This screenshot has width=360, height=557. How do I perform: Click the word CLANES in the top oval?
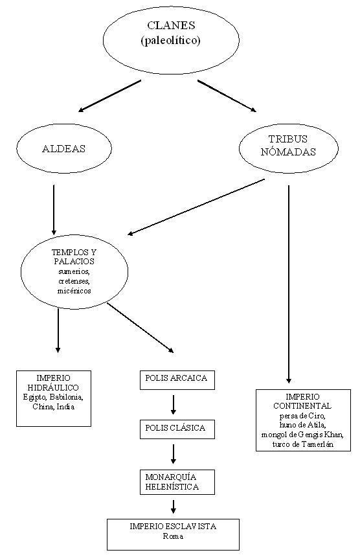(171, 25)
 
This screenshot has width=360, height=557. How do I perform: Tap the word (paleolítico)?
(171, 41)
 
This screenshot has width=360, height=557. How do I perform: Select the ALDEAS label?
(64, 148)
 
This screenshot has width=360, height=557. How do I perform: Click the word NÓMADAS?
(288, 152)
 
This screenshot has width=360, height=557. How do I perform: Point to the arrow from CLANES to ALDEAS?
(109, 96)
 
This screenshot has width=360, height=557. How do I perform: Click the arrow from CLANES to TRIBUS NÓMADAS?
(227, 96)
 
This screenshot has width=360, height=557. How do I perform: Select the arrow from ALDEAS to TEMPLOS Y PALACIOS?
(54, 210)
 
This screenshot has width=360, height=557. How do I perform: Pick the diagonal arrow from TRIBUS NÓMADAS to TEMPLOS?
(196, 207)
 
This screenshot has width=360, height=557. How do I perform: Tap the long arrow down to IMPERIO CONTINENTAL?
(289, 284)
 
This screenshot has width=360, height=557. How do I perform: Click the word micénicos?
(74, 291)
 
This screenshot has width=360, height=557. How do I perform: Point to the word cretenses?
(74, 281)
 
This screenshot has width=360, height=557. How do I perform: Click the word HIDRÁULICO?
(53, 387)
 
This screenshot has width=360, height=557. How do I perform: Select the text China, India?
(54, 407)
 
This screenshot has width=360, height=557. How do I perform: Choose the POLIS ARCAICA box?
(177, 380)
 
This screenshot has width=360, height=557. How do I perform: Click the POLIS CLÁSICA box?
(177, 429)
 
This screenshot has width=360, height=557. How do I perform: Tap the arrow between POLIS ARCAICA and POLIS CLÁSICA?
(174, 405)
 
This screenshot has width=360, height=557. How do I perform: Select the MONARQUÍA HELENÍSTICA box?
(177, 482)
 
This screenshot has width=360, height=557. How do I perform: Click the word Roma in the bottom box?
(173, 536)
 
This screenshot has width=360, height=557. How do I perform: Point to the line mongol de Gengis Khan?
(302, 435)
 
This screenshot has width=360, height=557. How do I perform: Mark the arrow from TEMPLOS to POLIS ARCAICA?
(141, 328)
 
